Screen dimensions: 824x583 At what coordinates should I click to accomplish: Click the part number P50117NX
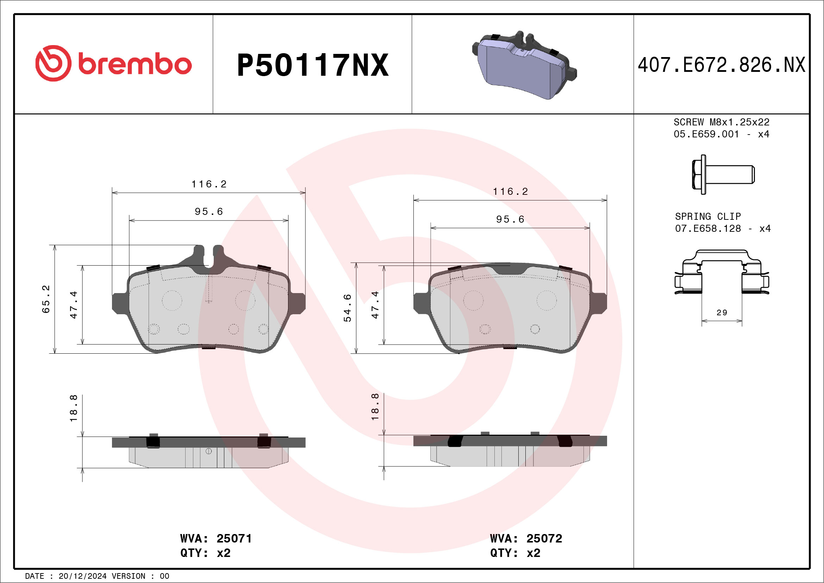313,65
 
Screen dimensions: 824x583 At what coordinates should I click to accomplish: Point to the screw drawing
723,174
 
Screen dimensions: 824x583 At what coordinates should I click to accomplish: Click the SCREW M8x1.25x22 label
722,122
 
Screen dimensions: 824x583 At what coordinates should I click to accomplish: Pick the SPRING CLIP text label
708,217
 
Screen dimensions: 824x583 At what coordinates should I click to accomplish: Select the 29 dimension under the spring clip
722,313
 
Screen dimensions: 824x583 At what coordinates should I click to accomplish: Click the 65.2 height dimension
46,299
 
